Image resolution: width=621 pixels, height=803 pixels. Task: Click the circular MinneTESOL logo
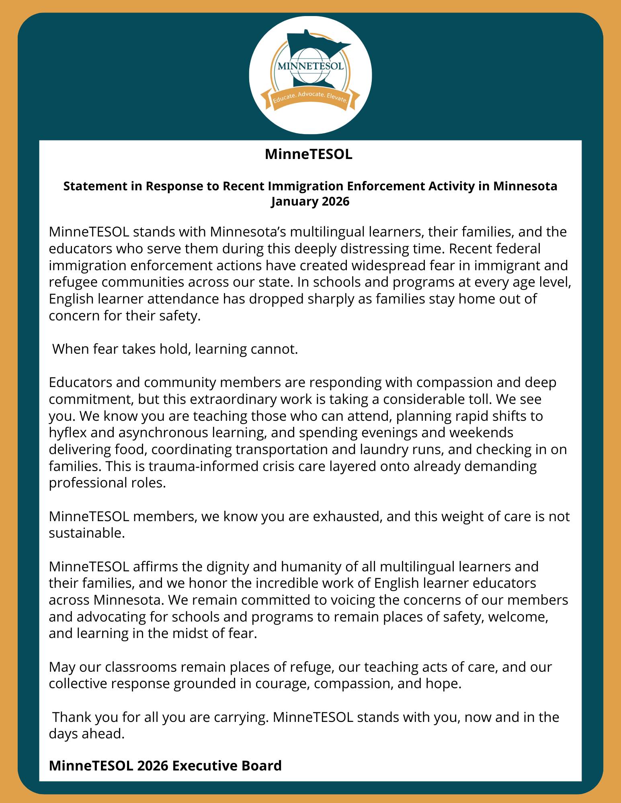pos(310,75)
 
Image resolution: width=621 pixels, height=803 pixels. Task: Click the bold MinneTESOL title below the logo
pos(308,155)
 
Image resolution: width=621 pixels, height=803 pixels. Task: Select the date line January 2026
pos(310,201)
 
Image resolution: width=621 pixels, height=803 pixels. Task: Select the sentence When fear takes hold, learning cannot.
pos(175,349)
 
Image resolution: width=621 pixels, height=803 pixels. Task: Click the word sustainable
pos(85,533)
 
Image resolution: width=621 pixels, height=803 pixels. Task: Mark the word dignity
pos(223,567)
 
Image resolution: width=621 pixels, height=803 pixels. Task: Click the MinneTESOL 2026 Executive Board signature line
pos(165,765)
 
